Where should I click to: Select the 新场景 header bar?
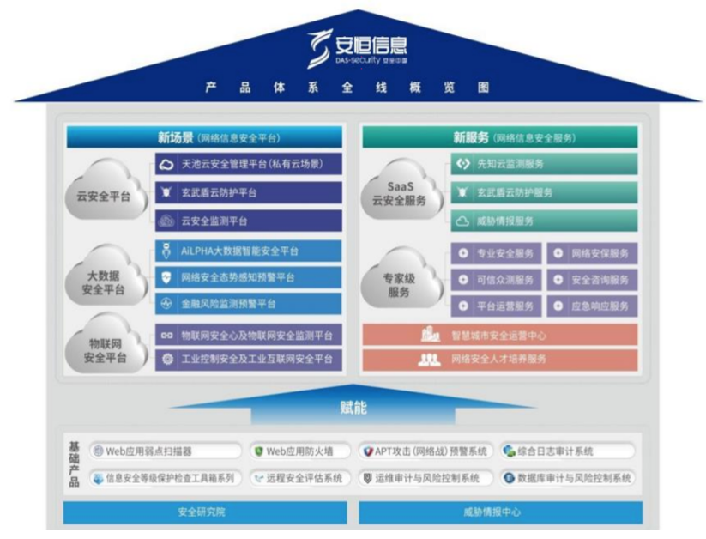tap(205, 137)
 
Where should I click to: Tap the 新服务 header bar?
tap(499, 137)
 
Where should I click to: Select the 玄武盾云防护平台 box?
tap(249, 192)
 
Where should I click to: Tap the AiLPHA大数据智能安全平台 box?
tap(249, 251)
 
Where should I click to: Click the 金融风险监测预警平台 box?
tap(249, 304)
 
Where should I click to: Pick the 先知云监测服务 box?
tap(544, 163)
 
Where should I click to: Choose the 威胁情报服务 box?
tap(544, 221)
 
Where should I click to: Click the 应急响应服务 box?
tap(592, 306)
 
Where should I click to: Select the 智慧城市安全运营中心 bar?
tap(499, 336)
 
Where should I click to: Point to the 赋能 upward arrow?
tap(353, 407)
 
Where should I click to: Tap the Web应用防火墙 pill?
tap(299, 451)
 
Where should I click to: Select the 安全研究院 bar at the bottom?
tap(205, 512)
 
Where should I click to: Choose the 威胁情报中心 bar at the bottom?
tap(499, 512)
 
